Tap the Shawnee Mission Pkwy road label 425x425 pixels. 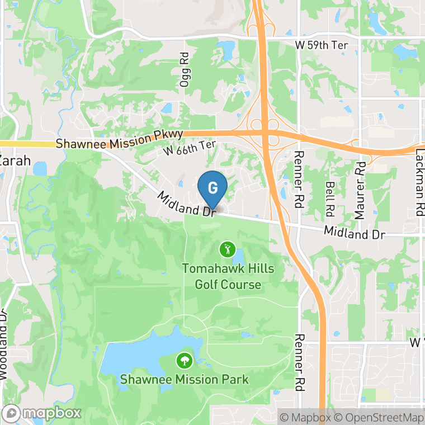(x=120, y=140)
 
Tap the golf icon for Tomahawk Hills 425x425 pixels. (x=227, y=249)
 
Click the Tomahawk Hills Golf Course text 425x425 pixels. (x=228, y=277)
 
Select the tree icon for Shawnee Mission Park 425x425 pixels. (x=183, y=361)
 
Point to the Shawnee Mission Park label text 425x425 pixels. (x=184, y=380)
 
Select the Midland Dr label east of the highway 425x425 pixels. (x=354, y=232)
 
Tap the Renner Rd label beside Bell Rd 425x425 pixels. (x=299, y=179)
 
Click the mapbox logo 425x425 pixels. (x=42, y=413)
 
